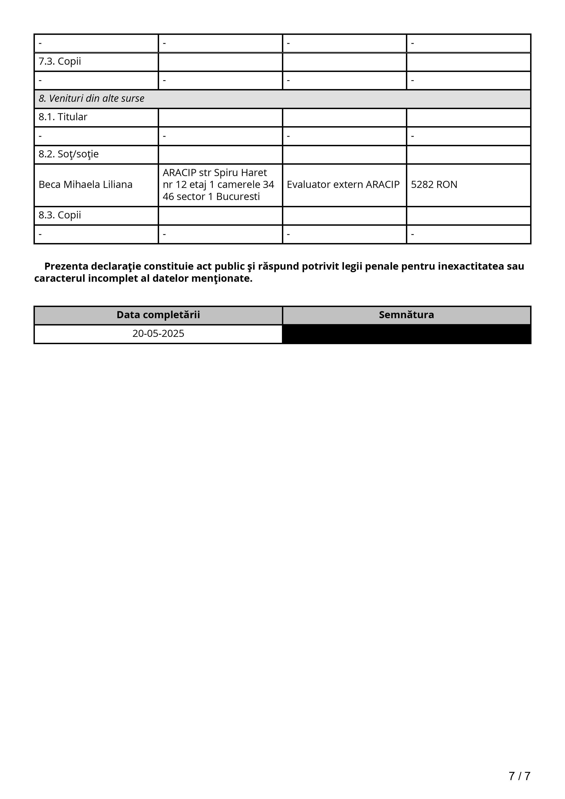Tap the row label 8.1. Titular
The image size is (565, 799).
pyautogui.click(x=63, y=117)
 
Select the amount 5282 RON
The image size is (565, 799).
pyautogui.click(x=434, y=184)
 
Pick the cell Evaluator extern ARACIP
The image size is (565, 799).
pyautogui.click(x=343, y=184)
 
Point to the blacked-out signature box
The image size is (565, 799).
pyautogui.click(x=406, y=334)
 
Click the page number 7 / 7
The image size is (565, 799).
pyautogui.click(x=519, y=776)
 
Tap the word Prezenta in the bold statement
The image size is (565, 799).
pyautogui.click(x=66, y=266)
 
